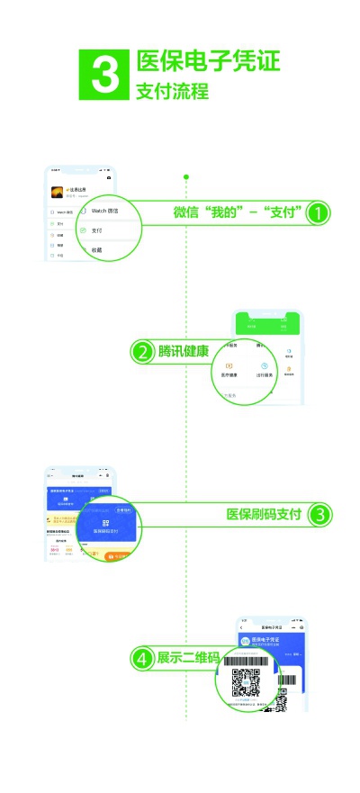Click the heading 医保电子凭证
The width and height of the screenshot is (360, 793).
tap(208, 61)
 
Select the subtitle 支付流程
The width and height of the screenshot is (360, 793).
tap(172, 92)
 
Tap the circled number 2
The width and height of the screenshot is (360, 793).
tap(141, 352)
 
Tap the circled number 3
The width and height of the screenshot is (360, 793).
tap(320, 515)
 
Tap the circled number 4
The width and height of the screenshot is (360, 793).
tap(141, 659)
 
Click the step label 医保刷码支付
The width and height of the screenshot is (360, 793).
tap(264, 515)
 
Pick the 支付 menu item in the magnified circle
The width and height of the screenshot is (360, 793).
tap(96, 230)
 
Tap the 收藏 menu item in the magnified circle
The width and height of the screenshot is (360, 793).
tap(96, 249)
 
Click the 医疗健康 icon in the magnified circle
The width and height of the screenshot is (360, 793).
tap(229, 369)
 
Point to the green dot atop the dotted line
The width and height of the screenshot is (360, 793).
tap(186, 176)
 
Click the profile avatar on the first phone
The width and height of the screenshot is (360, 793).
tap(56, 192)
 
